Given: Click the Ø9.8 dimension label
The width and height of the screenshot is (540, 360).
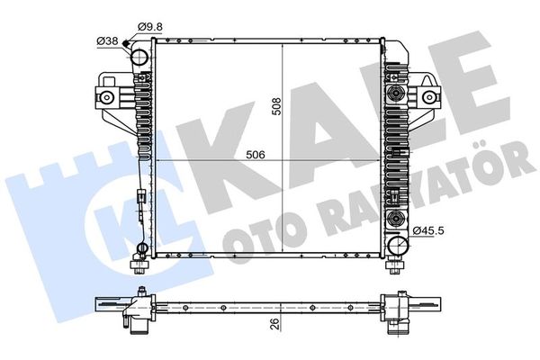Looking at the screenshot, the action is coord(150,27).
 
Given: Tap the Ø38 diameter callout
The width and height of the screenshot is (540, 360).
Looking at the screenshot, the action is coord(107,41).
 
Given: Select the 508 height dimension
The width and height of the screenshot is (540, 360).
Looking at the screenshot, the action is coord(276,106).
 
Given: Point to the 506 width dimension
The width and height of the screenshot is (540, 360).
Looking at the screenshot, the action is coord(256,155).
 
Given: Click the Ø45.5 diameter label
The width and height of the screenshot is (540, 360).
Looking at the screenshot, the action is coord(428,230).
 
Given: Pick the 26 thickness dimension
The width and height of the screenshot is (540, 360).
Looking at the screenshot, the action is coord(274,324).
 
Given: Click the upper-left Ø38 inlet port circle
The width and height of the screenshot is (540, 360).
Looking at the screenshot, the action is coord(140,58).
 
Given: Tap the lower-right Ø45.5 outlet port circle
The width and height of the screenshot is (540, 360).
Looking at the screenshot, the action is coord(398,245).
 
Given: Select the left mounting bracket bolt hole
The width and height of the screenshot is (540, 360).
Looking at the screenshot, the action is coord(107,97).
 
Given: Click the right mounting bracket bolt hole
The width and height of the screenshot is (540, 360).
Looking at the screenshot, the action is coord(429,97).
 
